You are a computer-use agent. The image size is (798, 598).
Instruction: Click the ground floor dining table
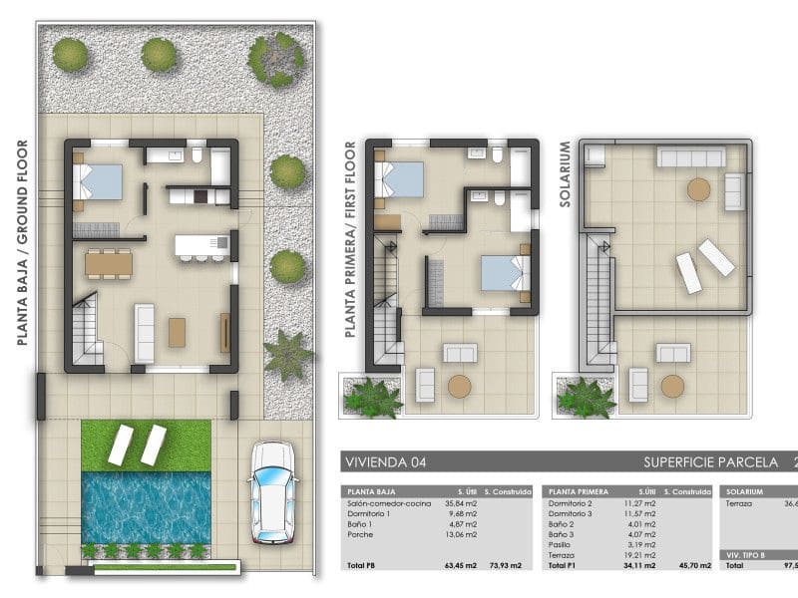(x=109, y=263)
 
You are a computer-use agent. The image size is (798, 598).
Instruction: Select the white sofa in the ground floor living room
(x=145, y=333)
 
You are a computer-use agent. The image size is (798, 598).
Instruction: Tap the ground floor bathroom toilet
(x=199, y=156)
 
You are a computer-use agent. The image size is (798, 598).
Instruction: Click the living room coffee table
(x=177, y=332)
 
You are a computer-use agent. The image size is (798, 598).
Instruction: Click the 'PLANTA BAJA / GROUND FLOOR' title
(x=22, y=242)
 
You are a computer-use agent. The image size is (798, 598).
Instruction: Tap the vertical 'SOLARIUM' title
(x=565, y=173)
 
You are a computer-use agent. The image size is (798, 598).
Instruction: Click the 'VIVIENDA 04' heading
(x=384, y=462)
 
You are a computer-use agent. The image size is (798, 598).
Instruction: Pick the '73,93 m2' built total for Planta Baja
(x=503, y=565)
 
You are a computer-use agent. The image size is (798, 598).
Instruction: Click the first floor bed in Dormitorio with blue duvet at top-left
(x=399, y=180)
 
